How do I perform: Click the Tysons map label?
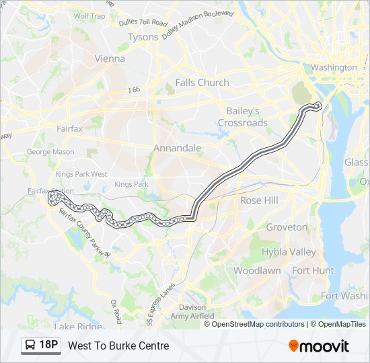(143, 37)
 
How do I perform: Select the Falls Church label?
(202, 83)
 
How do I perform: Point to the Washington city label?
(334, 68)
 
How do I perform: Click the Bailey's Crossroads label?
(242, 117)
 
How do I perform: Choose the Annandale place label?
(177, 148)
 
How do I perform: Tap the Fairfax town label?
(69, 128)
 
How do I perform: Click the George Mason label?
(50, 152)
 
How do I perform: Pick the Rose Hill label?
(259, 200)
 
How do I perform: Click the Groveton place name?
(286, 227)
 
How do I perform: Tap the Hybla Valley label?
(289, 252)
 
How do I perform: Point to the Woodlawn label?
(257, 270)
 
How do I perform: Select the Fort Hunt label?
(313, 270)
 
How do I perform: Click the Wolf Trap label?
(89, 15)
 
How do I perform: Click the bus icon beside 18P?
(31, 346)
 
